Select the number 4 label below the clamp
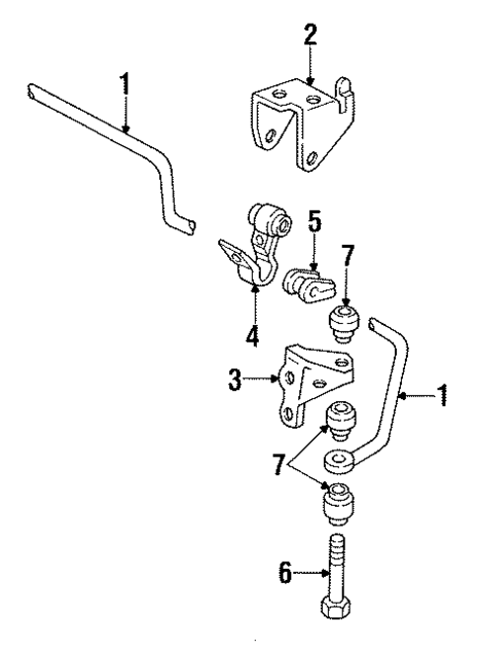[253, 337]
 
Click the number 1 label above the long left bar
[125, 84]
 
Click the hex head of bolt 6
[337, 630]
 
